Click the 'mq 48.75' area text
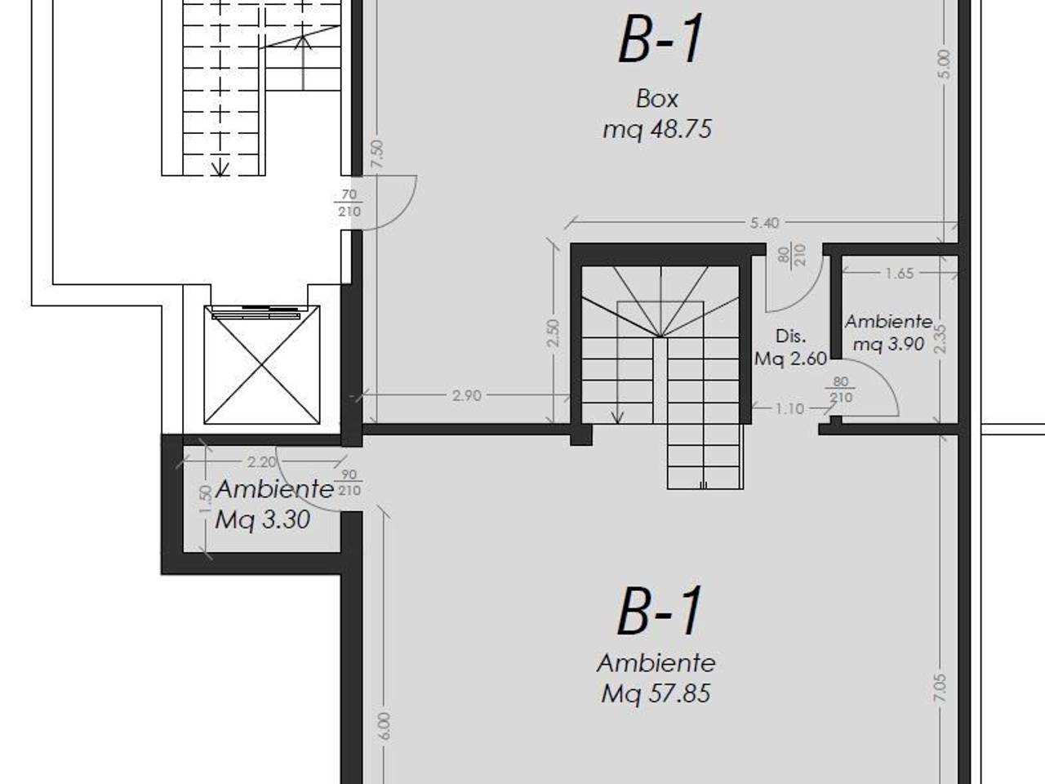coord(657,130)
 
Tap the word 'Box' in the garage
coord(657,99)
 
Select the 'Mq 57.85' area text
coord(656,693)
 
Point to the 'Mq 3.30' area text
coord(263,519)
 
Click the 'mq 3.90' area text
coord(889,344)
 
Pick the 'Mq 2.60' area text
coord(790,359)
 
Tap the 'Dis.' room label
coord(791,336)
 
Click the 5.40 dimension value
coord(765,223)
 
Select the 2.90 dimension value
coord(466,395)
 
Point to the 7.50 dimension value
coord(376,154)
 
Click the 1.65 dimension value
coord(900,274)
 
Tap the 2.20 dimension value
coord(262,461)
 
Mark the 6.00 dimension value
coord(385,726)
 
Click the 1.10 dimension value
coord(789,408)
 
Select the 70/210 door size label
coord(349,203)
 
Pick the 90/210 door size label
coord(349,482)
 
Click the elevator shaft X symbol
coord(262,365)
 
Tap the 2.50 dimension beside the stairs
coord(554,333)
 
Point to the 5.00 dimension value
coord(945,65)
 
